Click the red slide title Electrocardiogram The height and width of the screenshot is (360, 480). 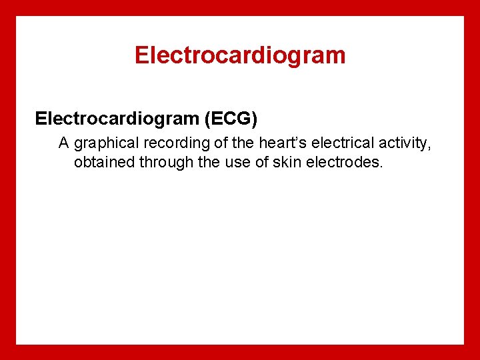coord(240,55)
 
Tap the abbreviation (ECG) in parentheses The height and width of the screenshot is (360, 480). coord(230,119)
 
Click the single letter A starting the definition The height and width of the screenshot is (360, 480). coord(64,143)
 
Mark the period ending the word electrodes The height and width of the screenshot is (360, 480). coord(381,166)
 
